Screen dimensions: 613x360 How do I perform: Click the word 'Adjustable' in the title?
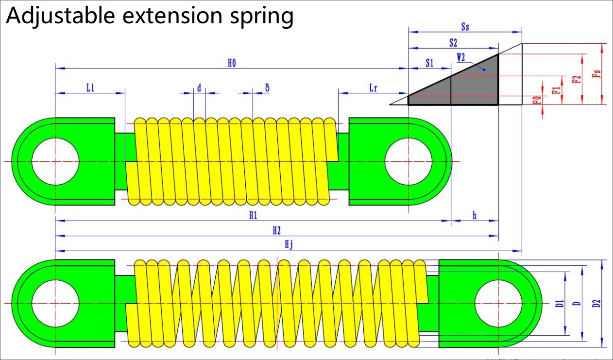(60, 16)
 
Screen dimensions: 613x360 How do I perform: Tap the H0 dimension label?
(232, 63)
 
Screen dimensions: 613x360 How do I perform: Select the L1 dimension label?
(90, 88)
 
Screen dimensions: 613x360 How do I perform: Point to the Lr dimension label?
(373, 88)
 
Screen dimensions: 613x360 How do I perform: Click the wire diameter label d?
(199, 88)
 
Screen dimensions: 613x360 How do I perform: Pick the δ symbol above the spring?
(267, 87)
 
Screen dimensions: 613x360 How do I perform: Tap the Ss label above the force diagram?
(465, 27)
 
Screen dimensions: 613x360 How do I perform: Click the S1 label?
(430, 63)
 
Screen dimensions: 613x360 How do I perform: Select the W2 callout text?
(461, 58)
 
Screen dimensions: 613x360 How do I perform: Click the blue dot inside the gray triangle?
(484, 70)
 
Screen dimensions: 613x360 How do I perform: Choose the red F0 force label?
(538, 100)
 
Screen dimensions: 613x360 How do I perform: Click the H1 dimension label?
(253, 216)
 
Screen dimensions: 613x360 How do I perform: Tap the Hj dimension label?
(289, 244)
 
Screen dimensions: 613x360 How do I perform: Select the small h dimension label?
(475, 216)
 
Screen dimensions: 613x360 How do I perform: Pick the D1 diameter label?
(560, 304)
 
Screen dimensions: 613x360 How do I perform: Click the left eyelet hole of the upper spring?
(55, 161)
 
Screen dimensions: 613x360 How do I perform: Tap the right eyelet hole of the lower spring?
(498, 304)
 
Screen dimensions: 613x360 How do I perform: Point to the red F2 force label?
(577, 79)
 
